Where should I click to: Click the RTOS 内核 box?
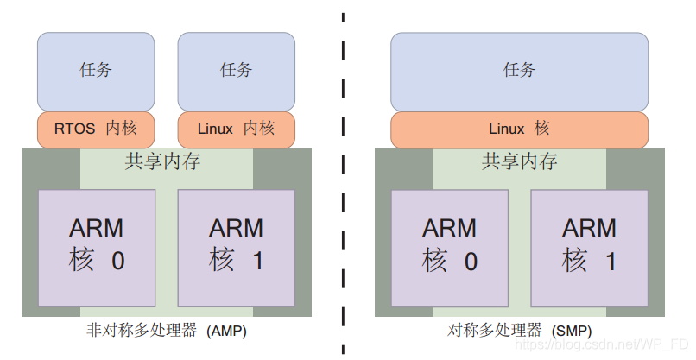tap(96, 129)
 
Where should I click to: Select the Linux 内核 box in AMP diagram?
tap(236, 129)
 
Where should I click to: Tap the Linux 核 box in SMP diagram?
tap(519, 129)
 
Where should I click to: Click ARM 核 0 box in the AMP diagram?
tap(97, 246)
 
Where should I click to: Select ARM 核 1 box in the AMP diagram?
tap(236, 246)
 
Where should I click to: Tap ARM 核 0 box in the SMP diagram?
tap(449, 246)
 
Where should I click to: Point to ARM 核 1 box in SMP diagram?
tap(589, 246)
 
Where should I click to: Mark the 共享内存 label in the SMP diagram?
tap(519, 161)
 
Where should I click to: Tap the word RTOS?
tap(74, 129)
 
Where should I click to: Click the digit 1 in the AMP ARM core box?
tap(256, 262)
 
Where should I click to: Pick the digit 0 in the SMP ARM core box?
tap(470, 262)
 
